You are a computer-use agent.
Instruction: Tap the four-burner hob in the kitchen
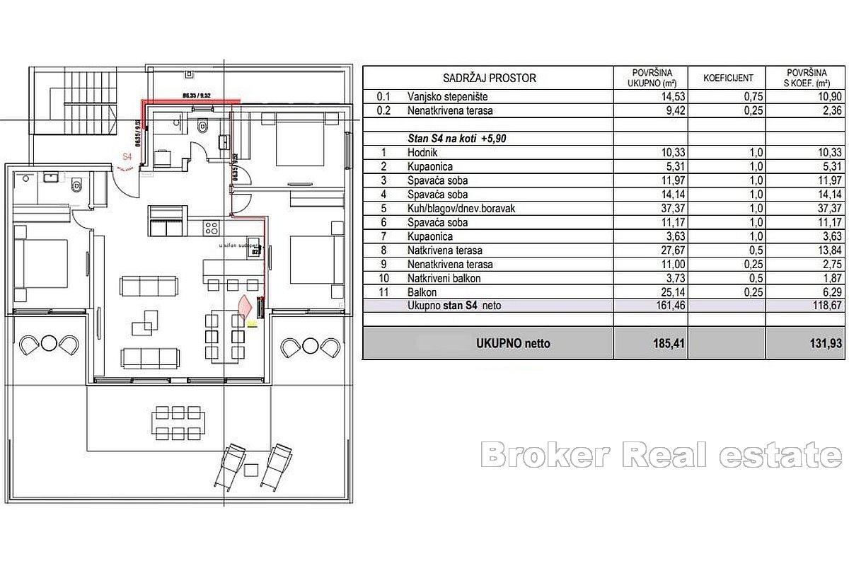212,228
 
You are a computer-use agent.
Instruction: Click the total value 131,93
807,344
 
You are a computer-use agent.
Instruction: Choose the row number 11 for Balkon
382,291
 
